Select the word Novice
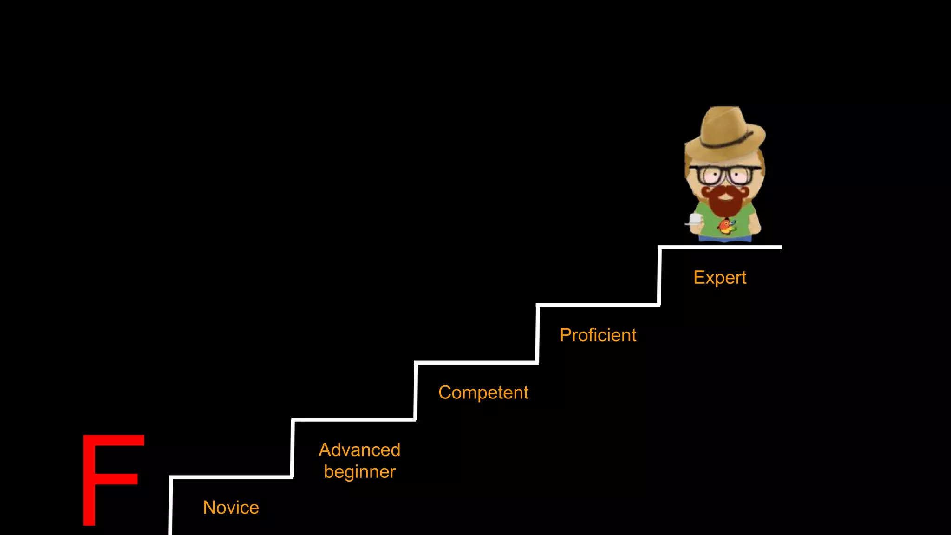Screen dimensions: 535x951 click(x=231, y=508)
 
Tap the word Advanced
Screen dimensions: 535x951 click(x=359, y=450)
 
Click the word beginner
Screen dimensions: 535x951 click(x=359, y=472)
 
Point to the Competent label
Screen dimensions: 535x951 click(x=483, y=393)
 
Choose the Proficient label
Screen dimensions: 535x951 click(x=598, y=335)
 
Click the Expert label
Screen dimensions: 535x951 click(x=719, y=278)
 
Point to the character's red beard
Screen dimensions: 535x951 click(x=724, y=204)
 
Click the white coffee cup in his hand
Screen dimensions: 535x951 click(x=695, y=219)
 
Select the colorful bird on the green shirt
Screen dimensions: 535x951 click(x=726, y=227)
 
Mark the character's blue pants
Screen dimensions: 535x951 click(x=724, y=239)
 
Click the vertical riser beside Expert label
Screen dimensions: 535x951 click(x=659, y=276)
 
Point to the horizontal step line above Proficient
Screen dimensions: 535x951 click(x=598, y=305)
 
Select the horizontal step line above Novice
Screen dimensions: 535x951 click(x=231, y=477)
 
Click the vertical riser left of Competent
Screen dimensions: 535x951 click(x=416, y=391)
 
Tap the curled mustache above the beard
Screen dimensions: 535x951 click(x=724, y=190)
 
